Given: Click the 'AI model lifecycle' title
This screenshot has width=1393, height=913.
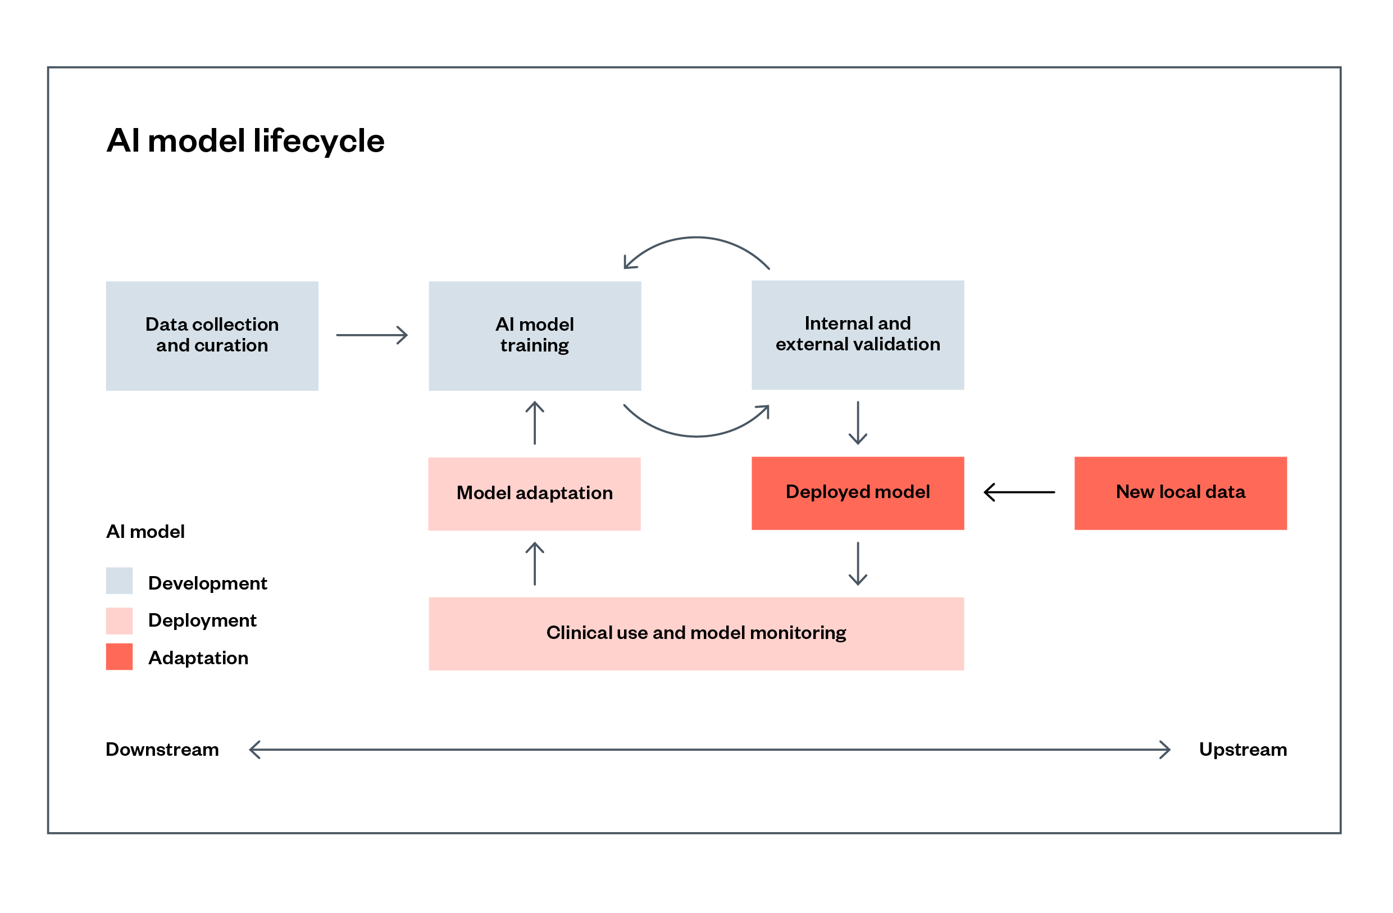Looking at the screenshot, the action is pos(245,141).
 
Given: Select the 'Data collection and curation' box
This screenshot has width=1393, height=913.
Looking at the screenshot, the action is pos(212,336).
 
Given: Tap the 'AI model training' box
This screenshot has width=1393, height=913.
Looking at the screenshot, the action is pos(535,336).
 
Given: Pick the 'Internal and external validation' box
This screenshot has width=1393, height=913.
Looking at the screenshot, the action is pos(858,335).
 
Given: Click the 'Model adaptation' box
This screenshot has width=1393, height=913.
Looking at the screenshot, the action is pos(534,494).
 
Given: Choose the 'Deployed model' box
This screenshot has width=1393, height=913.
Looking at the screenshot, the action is pos(858,494).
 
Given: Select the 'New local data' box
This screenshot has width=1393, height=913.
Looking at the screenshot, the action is pos(1181,494).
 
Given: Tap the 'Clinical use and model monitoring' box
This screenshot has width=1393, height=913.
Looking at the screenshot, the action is pos(696,634).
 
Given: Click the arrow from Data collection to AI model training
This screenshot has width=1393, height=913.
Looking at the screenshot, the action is pos(372,335).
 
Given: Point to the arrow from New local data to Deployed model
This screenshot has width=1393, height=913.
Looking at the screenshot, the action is pos(1019,492).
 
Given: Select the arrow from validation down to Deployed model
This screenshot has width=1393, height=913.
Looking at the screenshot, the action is pos(858,423).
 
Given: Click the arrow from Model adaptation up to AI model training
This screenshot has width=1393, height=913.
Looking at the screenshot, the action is pos(535,423).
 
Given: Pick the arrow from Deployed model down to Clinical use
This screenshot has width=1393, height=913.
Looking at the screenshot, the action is pos(858,564).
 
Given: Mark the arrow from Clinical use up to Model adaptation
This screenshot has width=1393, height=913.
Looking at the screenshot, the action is pos(535,564).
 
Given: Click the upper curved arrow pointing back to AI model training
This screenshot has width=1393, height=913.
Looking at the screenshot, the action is pos(696,238).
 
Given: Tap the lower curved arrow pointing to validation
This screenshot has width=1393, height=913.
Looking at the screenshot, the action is pos(696,436).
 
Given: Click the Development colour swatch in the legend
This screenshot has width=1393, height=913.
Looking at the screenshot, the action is pos(120,581).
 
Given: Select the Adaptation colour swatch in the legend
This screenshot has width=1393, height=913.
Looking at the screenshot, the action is pos(120,656).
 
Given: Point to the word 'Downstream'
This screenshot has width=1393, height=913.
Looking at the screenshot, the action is pos(162,750).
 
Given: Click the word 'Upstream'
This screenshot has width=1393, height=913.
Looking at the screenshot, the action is pos(1243,750).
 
